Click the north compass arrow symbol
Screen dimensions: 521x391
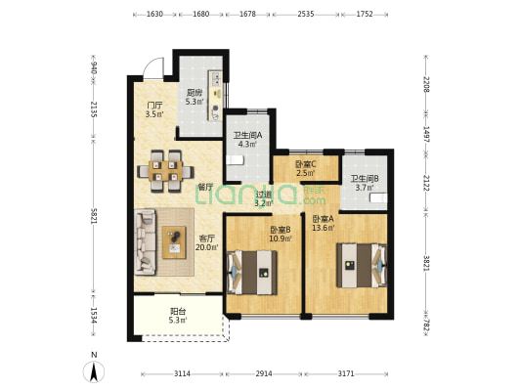[x=94, y=371]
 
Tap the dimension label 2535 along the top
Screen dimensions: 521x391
[x=306, y=14]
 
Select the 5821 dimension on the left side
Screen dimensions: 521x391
[x=94, y=216]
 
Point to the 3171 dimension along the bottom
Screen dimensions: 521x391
[x=346, y=373]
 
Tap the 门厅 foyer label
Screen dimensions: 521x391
[x=154, y=106]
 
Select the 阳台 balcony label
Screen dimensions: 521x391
[x=178, y=312]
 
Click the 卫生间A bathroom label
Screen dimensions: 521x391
[x=248, y=135]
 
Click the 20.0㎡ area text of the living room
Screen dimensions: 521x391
[x=206, y=247]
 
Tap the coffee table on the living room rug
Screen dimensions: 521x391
[x=174, y=242]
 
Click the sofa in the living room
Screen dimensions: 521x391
[x=146, y=241]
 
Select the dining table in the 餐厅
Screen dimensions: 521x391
[x=165, y=171]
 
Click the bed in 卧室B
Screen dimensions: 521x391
[x=252, y=273]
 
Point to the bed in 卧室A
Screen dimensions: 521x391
[x=362, y=266]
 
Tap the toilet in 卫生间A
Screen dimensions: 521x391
[x=236, y=160]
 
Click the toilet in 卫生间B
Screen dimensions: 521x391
[x=379, y=198]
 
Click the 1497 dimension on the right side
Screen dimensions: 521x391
[x=426, y=134]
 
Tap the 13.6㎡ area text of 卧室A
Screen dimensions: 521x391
[x=323, y=228]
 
